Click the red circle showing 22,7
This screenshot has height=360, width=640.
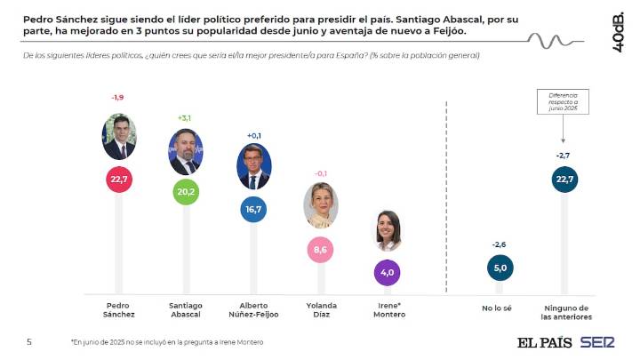tap(119, 180)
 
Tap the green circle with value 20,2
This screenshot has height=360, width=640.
tap(185, 190)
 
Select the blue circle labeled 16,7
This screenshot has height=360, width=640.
tap(252, 209)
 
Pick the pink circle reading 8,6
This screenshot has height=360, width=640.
tap(321, 252)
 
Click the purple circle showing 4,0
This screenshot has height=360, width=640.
tap(388, 272)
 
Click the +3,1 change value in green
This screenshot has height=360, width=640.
tap(185, 117)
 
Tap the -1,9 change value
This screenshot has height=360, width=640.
tap(117, 97)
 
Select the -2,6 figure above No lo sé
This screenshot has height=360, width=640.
tap(499, 244)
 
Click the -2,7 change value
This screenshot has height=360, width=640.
tap(563, 156)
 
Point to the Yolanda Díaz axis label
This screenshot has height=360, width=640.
tap(321, 309)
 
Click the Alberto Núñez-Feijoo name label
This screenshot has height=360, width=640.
tap(252, 309)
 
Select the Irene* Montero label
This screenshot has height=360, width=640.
tap(388, 309)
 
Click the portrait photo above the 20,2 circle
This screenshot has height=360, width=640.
tap(185, 152)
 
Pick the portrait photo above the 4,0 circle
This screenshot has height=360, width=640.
tap(388, 232)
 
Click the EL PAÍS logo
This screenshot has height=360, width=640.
tap(545, 342)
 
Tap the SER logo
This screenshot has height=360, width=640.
tap(597, 342)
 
